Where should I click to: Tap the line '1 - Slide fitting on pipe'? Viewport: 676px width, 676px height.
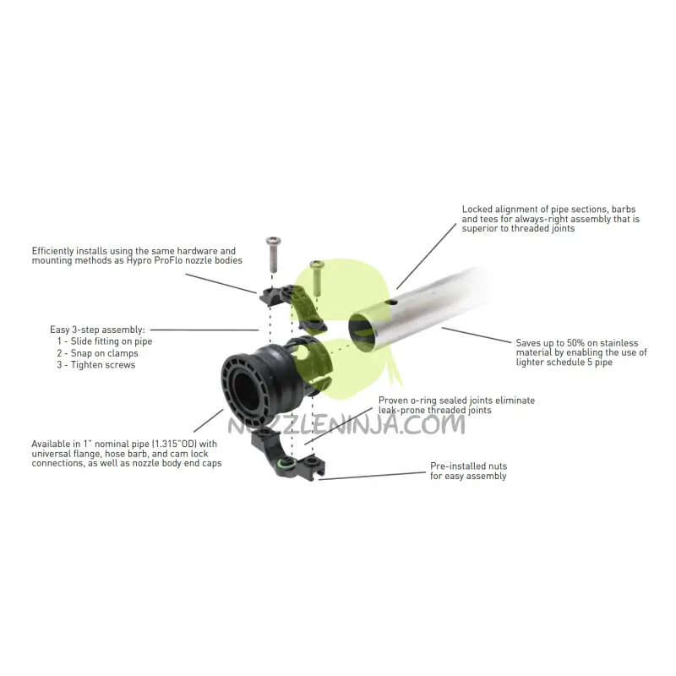point(105,341)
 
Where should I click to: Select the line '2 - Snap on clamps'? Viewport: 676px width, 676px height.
point(98,352)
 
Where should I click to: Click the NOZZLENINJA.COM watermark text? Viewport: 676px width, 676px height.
point(346,424)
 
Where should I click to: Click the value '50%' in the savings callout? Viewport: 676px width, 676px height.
point(580,342)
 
